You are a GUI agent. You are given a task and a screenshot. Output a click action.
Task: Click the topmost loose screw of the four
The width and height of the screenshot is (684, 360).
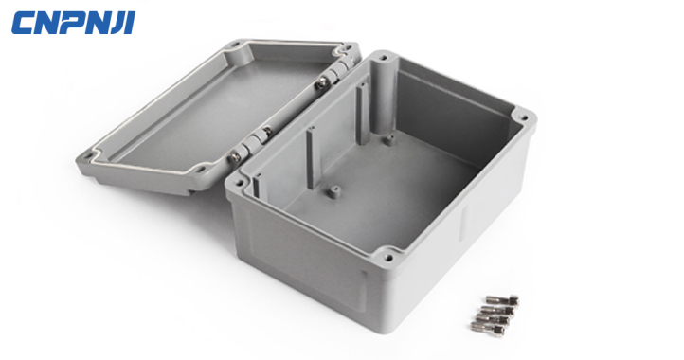[x=502, y=300]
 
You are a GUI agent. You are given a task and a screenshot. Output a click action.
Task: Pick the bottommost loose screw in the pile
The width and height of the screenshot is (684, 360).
[x=488, y=327]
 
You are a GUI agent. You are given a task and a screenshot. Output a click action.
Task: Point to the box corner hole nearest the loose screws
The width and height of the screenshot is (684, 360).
[x=388, y=256]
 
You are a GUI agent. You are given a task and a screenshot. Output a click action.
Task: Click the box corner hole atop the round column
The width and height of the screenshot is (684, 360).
[x=384, y=57]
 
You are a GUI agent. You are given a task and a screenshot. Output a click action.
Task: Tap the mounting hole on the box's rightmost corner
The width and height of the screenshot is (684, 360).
[x=524, y=117]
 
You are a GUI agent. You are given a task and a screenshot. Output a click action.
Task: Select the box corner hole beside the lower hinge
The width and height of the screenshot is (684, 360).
[x=239, y=183]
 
